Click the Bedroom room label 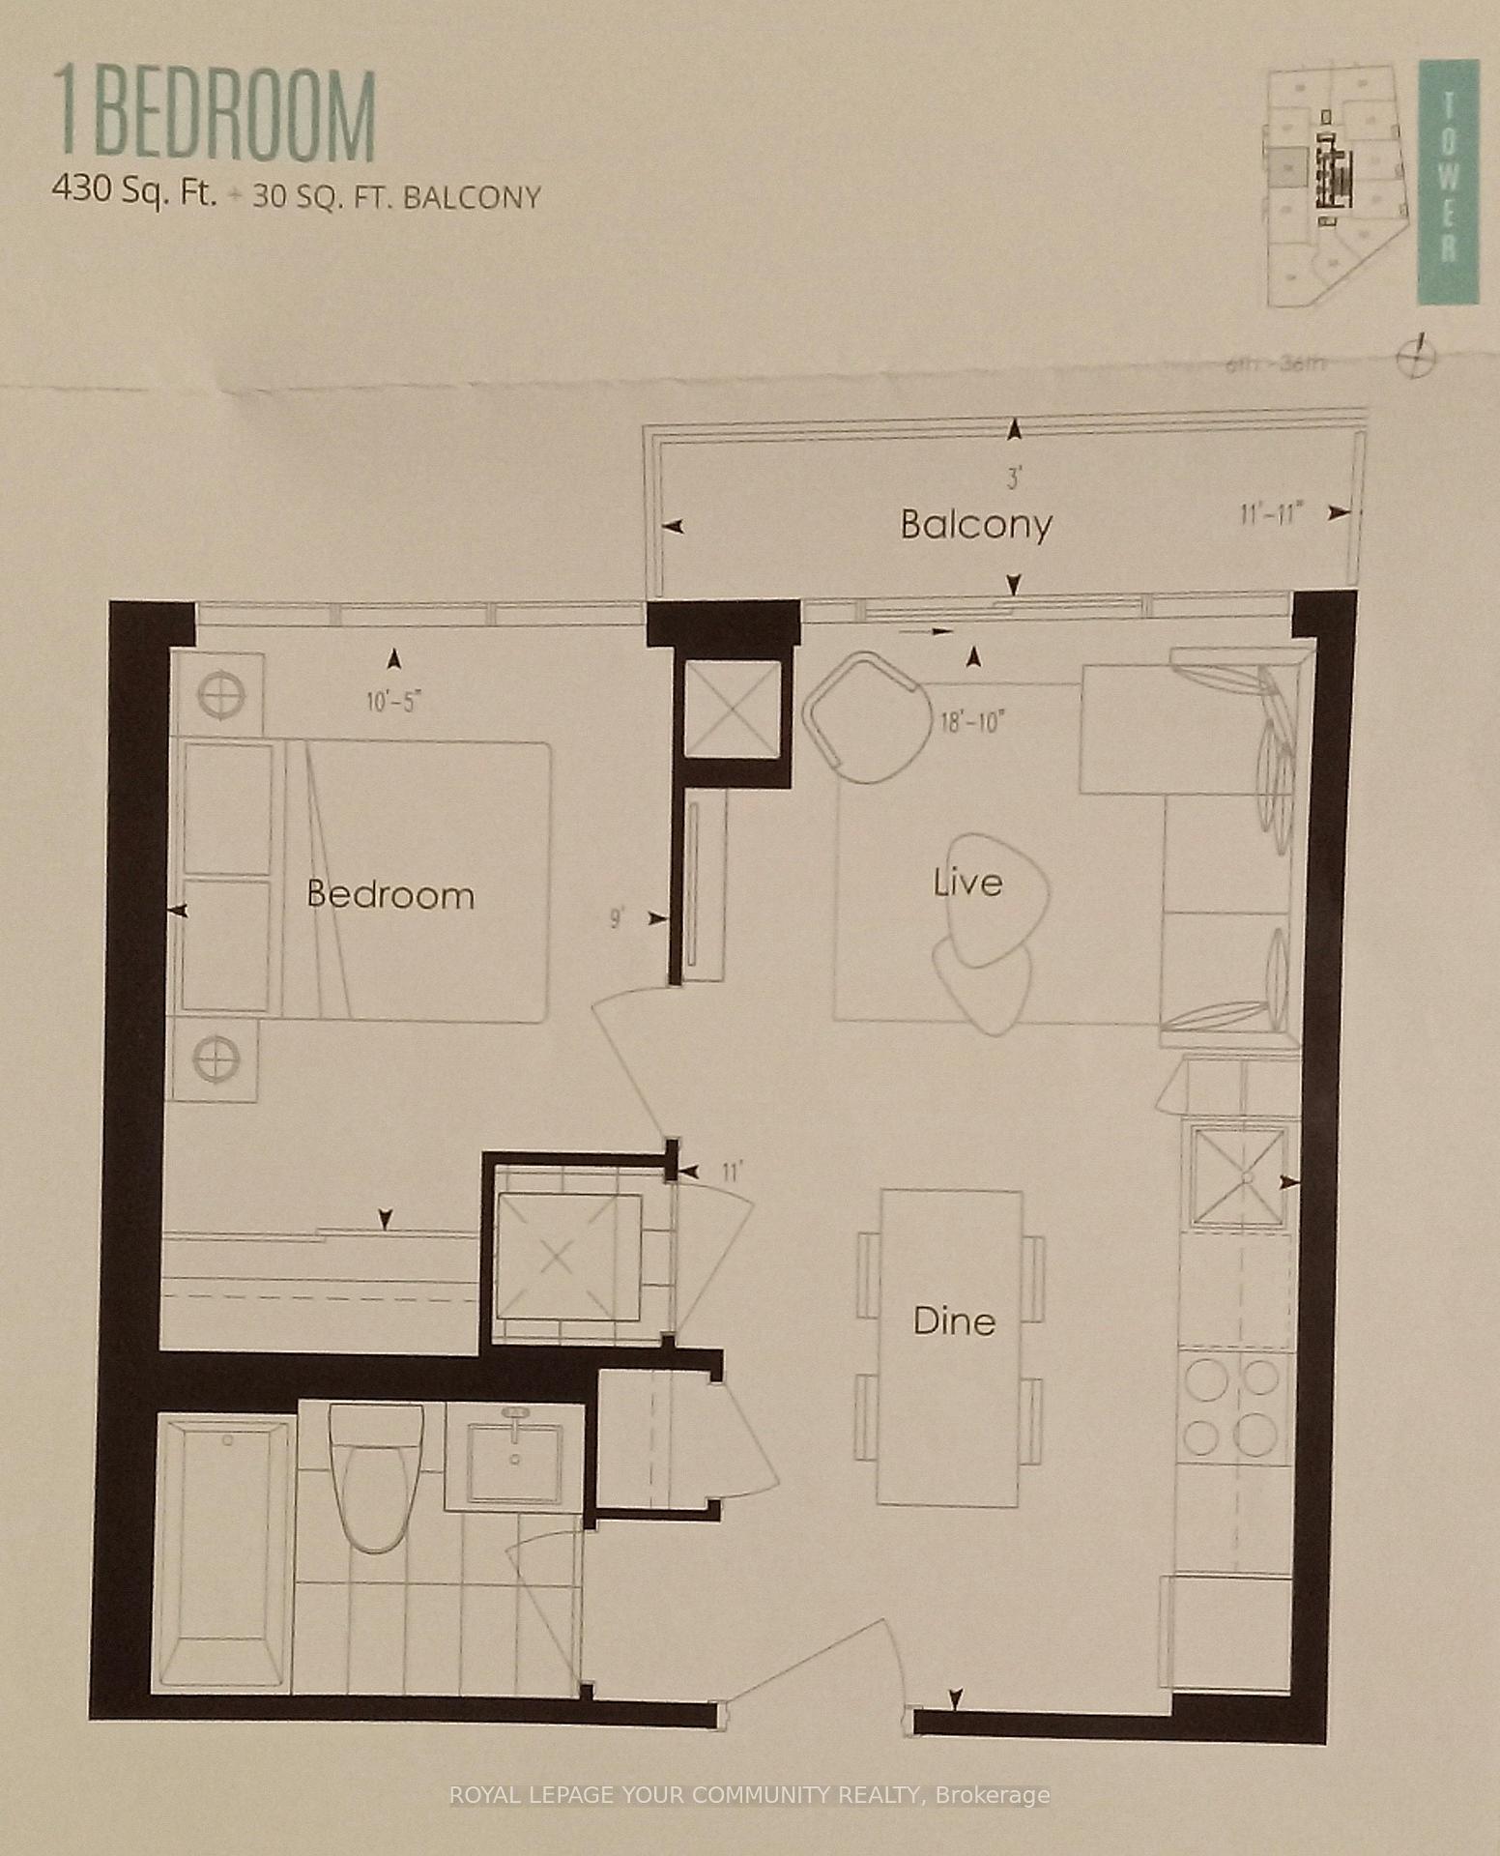point(390,894)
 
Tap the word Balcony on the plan point(975,525)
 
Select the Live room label point(967,883)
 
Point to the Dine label point(954,1320)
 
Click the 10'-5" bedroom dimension point(394,702)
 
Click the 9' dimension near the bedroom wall point(616,917)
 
